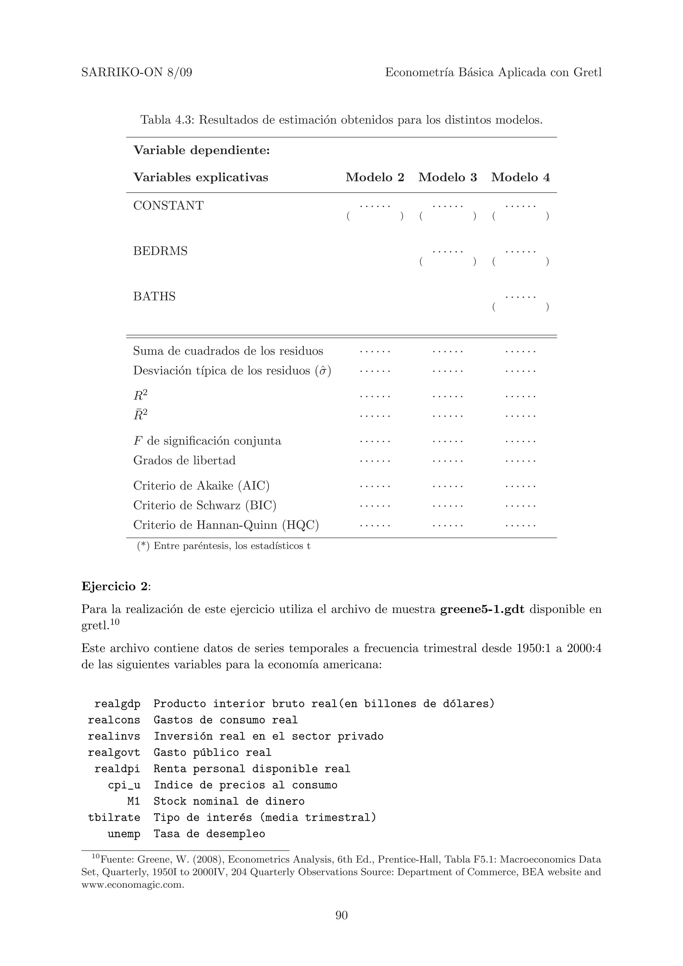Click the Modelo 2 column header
tap(375, 177)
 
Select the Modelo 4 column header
tap(520, 177)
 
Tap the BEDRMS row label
tap(160, 251)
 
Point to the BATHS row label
tap(154, 297)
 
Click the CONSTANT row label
tap(168, 206)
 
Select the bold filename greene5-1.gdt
tap(482, 609)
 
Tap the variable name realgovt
tap(114, 752)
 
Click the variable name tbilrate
tap(114, 817)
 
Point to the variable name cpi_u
tap(124, 785)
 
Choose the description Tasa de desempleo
tap(209, 834)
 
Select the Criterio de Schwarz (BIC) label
tap(204, 505)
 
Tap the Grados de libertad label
tap(184, 461)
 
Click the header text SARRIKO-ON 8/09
tap(137, 73)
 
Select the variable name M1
tap(133, 801)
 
